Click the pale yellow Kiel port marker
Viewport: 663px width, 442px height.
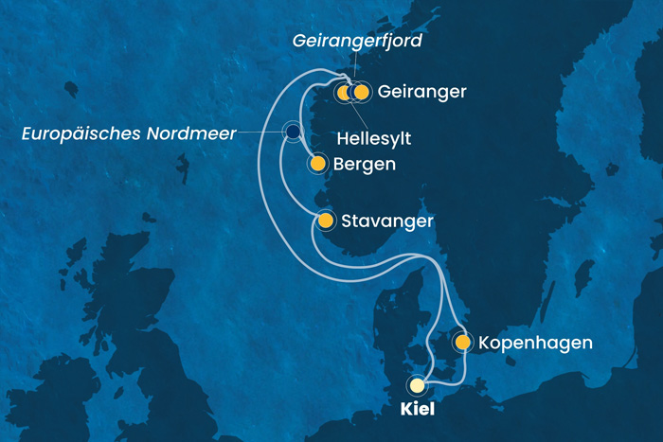click(418, 385)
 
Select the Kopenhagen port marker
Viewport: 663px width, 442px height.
click(462, 342)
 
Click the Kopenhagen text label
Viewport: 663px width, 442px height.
click(536, 343)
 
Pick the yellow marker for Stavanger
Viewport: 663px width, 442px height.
click(325, 221)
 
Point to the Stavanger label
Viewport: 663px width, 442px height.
click(387, 221)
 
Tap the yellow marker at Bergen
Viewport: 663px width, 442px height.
click(317, 165)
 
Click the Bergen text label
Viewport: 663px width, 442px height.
click(364, 165)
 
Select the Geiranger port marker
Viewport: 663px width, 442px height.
click(361, 92)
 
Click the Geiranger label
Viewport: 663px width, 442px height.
click(421, 92)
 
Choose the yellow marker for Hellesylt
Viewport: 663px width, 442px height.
click(344, 92)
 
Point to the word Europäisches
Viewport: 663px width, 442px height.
click(78, 133)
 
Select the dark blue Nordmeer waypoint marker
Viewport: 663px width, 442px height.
click(293, 132)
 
